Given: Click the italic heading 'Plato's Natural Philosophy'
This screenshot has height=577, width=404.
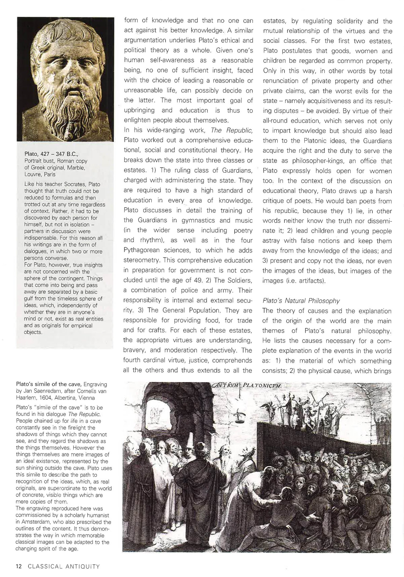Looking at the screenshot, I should point(301,301).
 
